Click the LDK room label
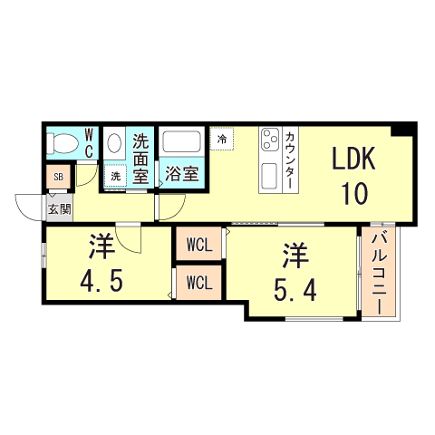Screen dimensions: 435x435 click(x=353, y=160)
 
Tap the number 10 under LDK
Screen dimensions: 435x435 click(x=353, y=192)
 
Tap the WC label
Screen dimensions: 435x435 click(x=90, y=143)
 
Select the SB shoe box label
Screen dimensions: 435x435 click(x=58, y=177)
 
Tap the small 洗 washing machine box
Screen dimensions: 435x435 click(x=116, y=176)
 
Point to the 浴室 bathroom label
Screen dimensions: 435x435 click(x=181, y=174)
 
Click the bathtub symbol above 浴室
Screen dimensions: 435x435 click(x=181, y=142)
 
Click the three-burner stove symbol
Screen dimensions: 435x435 click(x=270, y=140)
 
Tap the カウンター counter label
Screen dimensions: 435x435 click(x=289, y=159)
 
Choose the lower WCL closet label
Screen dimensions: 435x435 click(x=199, y=282)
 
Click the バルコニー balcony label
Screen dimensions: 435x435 click(x=380, y=273)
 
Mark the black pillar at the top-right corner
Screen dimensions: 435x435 click(x=410, y=130)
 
